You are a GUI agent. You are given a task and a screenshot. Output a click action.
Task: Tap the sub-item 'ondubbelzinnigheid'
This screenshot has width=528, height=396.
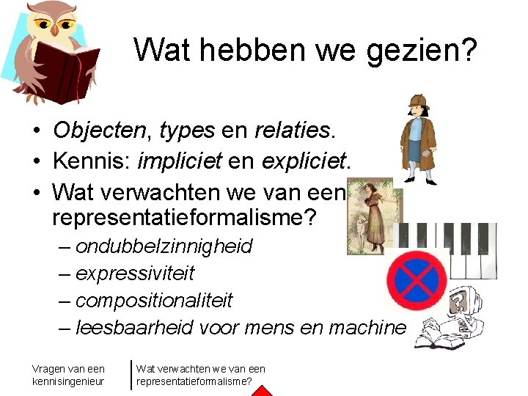[x=164, y=246]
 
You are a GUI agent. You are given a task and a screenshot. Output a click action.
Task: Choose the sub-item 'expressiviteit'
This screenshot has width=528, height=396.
[x=135, y=274]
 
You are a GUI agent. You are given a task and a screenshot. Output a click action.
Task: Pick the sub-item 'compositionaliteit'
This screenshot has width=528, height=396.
[x=154, y=301]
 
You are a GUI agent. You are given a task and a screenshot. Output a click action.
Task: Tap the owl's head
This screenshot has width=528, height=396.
[x=54, y=22]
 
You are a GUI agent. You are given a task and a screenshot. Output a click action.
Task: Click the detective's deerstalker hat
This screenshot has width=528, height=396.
[x=419, y=100]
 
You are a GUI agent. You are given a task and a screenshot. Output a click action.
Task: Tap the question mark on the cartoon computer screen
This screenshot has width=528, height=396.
[x=459, y=303]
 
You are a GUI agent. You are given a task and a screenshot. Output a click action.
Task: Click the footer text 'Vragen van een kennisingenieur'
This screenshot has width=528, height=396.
[x=68, y=375]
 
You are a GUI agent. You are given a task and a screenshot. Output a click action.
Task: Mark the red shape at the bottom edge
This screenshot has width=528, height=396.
[x=263, y=390]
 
